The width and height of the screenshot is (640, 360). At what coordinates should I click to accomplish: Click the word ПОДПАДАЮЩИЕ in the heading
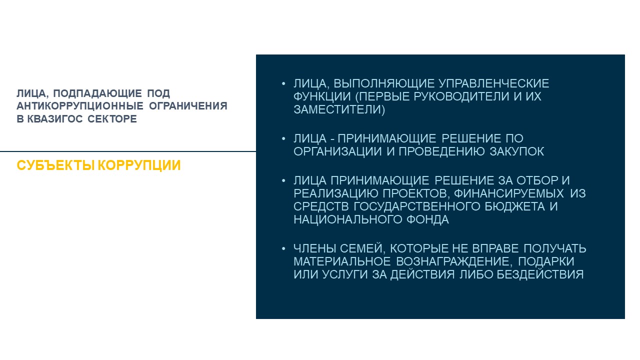click(x=97, y=93)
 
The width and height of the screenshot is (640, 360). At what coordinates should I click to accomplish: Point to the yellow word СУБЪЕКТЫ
click(x=55, y=165)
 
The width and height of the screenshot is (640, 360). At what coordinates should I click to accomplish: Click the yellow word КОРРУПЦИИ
click(x=139, y=165)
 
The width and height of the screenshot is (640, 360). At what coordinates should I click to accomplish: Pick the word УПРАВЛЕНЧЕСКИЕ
click(x=493, y=83)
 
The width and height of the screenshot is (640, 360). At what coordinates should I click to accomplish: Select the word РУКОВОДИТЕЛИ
click(x=461, y=96)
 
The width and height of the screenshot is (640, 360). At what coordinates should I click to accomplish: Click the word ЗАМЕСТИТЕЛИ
click(x=339, y=109)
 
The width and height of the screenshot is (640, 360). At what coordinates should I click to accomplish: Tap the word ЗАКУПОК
click(x=517, y=151)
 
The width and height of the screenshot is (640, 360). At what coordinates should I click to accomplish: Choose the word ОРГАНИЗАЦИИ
click(x=337, y=151)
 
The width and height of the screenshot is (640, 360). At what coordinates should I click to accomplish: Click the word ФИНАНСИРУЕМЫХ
click(x=509, y=193)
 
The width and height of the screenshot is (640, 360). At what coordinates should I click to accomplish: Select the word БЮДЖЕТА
click(x=515, y=206)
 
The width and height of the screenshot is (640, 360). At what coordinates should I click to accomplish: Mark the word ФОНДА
click(x=427, y=219)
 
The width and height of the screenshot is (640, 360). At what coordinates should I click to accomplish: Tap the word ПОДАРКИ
click(x=546, y=261)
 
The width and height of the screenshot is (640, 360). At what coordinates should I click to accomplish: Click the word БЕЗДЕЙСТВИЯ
click(x=540, y=274)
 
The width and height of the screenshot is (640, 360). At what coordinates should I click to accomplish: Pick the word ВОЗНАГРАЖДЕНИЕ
click(x=452, y=261)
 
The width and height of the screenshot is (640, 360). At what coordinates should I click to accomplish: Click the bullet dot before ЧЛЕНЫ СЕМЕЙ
click(x=283, y=248)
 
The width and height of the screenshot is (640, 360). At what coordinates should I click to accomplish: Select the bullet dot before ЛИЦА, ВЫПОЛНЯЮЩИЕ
click(x=283, y=83)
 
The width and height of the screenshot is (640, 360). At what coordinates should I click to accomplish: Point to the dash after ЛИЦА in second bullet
click(x=332, y=139)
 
